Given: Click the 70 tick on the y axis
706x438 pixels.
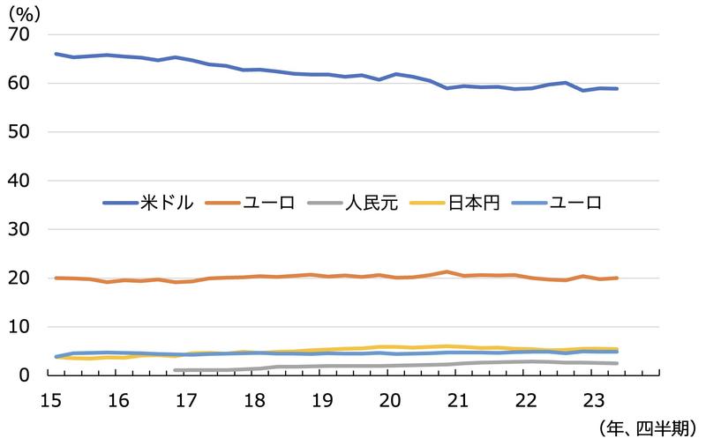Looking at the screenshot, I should [19, 34].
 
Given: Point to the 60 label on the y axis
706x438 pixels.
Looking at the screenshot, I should [19, 84].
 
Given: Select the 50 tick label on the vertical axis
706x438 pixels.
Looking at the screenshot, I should [19, 132].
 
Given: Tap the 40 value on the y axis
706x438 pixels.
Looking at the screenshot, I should [19, 181].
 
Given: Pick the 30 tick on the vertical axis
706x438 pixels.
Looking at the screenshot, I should [19, 229].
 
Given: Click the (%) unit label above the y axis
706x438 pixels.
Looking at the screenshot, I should [25, 12].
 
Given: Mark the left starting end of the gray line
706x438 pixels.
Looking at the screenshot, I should [175, 370].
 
